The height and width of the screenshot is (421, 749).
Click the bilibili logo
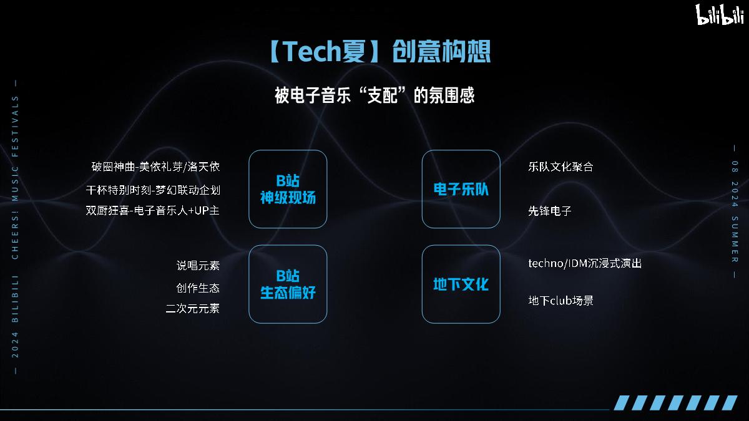point(720,14)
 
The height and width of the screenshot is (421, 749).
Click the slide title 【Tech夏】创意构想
point(379,51)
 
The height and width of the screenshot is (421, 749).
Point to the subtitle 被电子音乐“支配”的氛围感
point(374,95)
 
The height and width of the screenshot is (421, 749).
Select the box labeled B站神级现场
point(288,189)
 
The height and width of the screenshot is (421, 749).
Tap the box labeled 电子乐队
point(461,189)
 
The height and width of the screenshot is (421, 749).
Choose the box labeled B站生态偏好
point(288,284)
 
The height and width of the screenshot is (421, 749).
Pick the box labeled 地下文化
point(461,284)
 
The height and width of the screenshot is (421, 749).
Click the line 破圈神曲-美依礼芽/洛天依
point(155,167)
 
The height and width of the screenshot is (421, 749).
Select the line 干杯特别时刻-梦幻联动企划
point(153,190)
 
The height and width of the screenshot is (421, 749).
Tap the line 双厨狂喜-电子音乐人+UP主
point(153,211)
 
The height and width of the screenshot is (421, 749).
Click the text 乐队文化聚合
point(561,167)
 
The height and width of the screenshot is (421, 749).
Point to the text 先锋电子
point(550,211)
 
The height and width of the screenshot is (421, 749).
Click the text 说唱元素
point(198,266)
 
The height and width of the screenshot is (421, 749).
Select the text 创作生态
point(198,288)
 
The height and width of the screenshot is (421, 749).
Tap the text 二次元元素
point(193,308)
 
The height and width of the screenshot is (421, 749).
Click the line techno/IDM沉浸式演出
point(585,263)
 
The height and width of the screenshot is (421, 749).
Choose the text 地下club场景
point(561,301)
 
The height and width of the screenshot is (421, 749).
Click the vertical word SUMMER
point(735,240)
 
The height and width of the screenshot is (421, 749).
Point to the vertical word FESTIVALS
point(15,126)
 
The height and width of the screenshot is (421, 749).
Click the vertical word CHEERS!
point(15,235)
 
